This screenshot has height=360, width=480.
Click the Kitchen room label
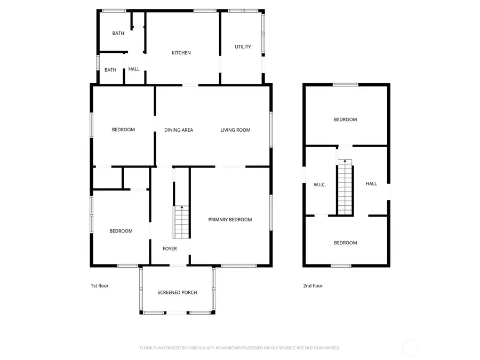click(x=181, y=53)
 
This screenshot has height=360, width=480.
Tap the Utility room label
click(x=243, y=47)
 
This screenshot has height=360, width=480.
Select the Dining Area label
click(x=179, y=130)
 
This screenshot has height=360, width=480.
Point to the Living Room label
click(x=235, y=130)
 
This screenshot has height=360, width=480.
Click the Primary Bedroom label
click(x=230, y=220)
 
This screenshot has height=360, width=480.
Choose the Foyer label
click(x=170, y=249)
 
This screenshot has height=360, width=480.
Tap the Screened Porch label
click(x=177, y=293)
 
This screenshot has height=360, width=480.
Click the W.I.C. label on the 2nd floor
click(x=319, y=185)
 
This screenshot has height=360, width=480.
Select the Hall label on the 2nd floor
click(x=371, y=183)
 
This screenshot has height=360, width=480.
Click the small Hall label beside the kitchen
click(x=134, y=69)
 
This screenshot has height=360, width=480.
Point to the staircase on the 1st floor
click(x=181, y=222)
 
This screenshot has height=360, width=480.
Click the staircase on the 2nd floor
click(x=345, y=187)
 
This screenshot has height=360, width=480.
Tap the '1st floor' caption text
click(x=99, y=286)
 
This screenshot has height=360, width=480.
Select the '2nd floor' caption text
click(x=313, y=286)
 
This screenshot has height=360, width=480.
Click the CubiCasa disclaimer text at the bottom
click(x=240, y=348)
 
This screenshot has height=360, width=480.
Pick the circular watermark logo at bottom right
click(x=410, y=348)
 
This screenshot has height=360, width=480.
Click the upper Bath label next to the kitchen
click(x=118, y=34)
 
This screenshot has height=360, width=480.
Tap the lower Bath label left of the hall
click(x=110, y=70)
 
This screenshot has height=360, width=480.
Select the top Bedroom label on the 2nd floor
click(x=345, y=120)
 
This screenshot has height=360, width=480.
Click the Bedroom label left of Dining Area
click(x=123, y=130)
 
